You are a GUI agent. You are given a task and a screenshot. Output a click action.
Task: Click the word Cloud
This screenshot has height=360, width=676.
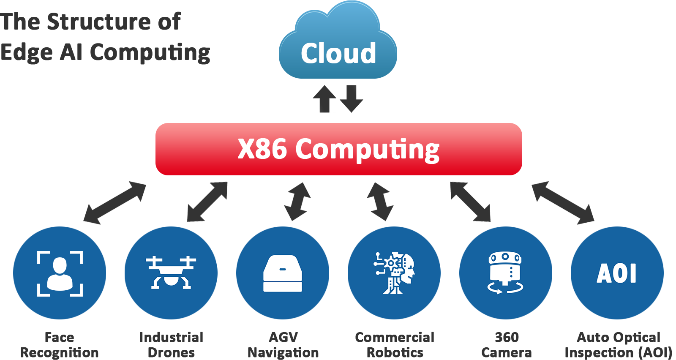click(338, 54)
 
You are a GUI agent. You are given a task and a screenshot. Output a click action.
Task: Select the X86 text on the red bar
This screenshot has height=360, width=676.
click(262, 149)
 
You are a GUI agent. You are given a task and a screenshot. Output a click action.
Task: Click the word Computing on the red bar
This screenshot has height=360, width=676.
click(368, 150)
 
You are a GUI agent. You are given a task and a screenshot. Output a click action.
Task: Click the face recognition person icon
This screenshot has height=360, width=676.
click(60, 273)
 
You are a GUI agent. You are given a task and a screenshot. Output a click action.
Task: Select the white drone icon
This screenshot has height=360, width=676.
click(171, 273)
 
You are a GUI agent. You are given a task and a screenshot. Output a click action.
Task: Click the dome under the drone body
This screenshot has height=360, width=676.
click(171, 281)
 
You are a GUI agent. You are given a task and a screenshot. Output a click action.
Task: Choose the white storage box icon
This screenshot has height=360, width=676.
click(283, 273)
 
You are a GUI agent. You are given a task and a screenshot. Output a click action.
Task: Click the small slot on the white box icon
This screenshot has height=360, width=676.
click(283, 269)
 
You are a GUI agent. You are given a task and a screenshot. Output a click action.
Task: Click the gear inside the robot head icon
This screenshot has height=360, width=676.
click(391, 263)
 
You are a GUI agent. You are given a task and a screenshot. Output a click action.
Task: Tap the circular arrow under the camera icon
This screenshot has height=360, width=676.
click(505, 288)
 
